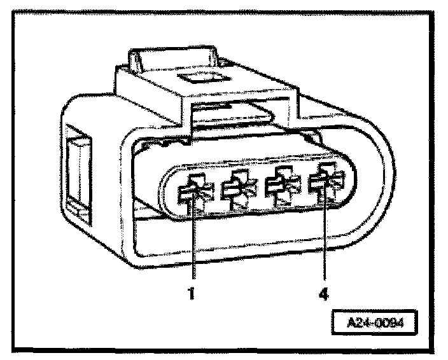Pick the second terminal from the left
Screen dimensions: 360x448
(236, 189)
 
